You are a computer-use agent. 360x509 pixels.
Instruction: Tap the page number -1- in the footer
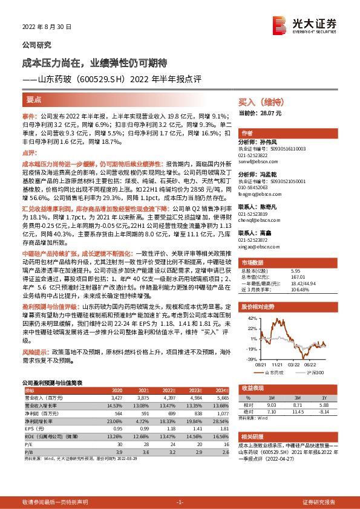(180, 502)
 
